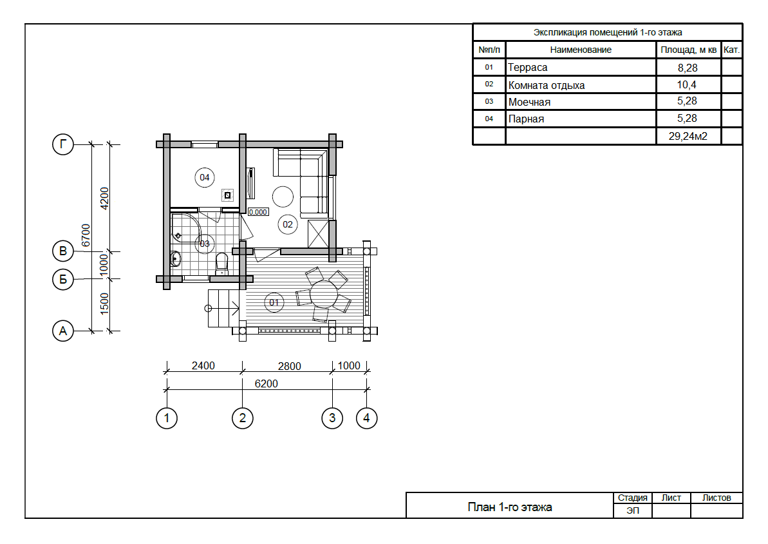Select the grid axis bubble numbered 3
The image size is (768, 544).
tap(332, 418)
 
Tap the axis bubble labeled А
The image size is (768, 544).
tap(62, 331)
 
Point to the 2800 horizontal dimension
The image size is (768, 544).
tap(289, 366)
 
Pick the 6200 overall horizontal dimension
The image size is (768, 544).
tap(267, 383)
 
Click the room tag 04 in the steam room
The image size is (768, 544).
tap(205, 177)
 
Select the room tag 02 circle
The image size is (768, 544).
tap(287, 224)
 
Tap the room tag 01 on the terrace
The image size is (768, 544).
tap(274, 302)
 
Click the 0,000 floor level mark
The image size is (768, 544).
tap(258, 211)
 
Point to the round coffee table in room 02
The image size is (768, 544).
tap(282, 196)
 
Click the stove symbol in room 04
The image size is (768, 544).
tap(228, 194)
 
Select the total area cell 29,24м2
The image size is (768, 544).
tap(688, 136)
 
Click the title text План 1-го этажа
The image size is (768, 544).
tap(509, 507)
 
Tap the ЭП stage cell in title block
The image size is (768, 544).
tap(632, 510)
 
